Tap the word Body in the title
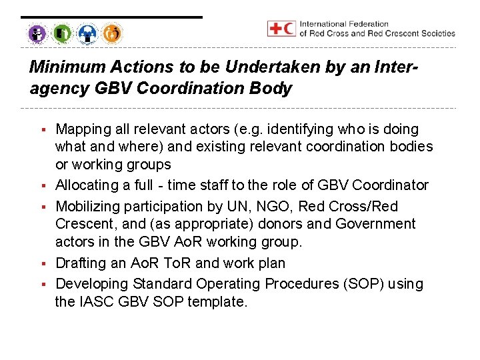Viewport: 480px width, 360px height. (x=274, y=89)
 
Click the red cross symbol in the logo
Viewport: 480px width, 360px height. (x=275, y=29)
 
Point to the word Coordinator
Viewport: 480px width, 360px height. (x=390, y=185)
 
